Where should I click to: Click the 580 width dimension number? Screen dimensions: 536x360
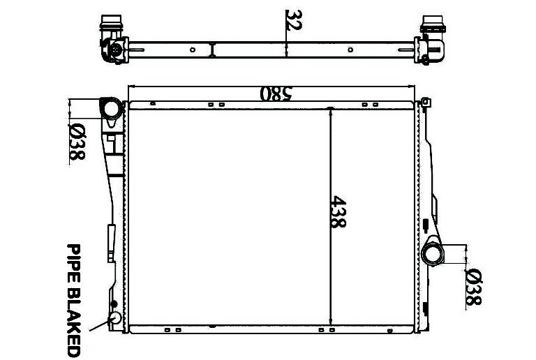pos(276,93)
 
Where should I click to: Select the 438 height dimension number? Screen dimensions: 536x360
pos(338,212)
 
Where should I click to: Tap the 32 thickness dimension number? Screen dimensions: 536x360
pos(294,20)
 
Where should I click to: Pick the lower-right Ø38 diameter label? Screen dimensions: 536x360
pos(474,287)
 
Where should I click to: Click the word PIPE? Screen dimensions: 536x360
pos(73,262)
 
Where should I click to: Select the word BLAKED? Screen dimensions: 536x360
pos(73,322)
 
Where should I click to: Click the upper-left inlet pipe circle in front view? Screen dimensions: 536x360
pos(111,109)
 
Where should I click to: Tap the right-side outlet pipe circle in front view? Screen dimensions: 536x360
pos(433,254)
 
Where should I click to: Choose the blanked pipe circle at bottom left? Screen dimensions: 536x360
pos(115,318)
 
